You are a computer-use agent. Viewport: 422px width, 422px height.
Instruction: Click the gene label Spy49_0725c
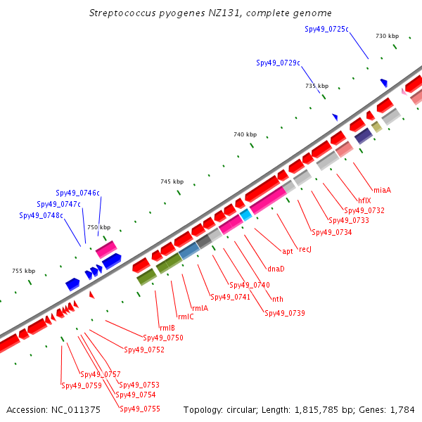pos(326,29)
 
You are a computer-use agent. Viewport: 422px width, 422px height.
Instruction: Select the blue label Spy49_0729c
pos(278,63)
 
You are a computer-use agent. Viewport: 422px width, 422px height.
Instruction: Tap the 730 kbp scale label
pos(387,36)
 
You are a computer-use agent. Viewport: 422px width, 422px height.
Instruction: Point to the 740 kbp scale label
pos(245,134)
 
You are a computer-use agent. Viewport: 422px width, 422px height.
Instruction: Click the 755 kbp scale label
pos(24,271)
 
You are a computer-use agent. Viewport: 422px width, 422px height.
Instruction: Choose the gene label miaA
pos(382,190)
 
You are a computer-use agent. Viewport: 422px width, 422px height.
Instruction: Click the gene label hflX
pos(364,200)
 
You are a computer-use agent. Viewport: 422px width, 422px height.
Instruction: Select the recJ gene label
pos(305,249)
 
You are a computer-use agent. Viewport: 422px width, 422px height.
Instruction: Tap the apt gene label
pos(288,251)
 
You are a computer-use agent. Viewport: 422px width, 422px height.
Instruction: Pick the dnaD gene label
pos(276,269)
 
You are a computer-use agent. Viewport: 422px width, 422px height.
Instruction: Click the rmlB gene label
pos(167,328)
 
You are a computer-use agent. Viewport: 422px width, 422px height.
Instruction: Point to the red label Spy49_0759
pos(82,385)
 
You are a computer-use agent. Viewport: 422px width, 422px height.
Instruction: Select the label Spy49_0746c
pos(77,193)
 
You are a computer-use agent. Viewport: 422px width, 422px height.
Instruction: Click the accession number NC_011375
pos(76,410)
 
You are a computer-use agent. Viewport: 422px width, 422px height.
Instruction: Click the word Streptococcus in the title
pos(122,13)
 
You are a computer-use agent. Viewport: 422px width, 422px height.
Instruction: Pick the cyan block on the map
pos(245,215)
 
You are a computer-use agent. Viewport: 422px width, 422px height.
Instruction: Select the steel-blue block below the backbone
pos(189,251)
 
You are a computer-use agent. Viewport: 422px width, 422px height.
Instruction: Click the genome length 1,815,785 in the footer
pos(316,410)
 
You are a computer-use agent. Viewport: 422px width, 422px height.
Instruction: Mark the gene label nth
pos(278,299)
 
